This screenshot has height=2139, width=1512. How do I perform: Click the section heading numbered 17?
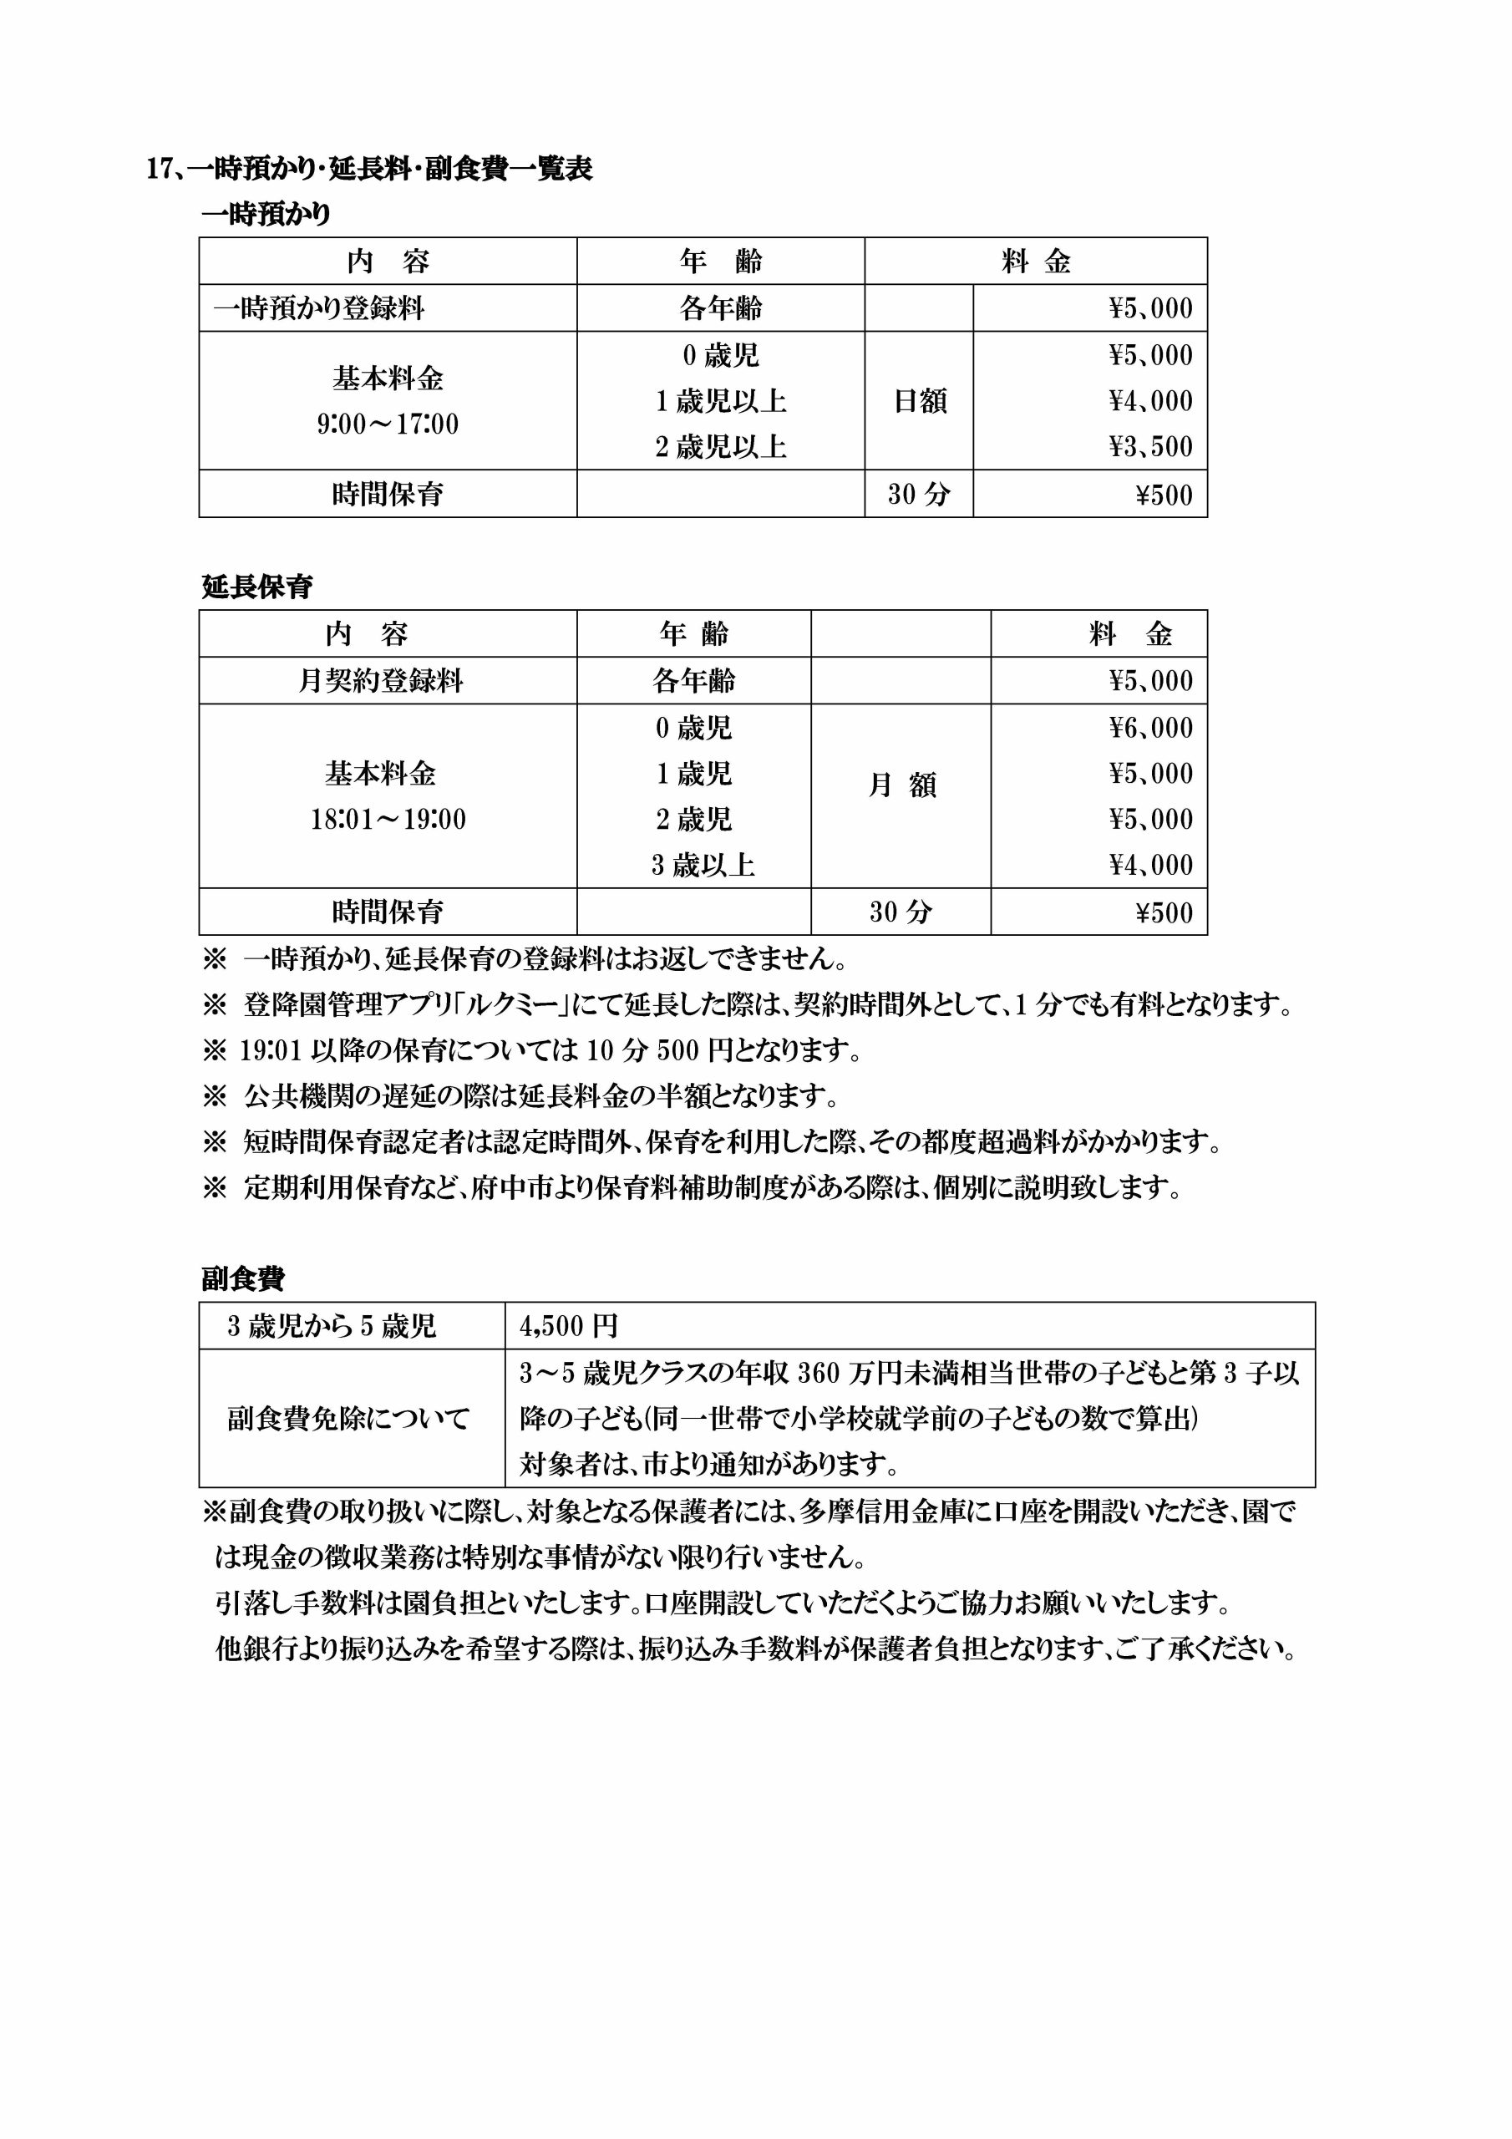click(x=370, y=169)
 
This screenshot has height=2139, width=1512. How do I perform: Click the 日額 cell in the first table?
click(x=919, y=402)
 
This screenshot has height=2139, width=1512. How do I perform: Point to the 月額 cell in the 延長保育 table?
click(x=901, y=785)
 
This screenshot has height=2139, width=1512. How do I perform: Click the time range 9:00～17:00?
click(x=388, y=424)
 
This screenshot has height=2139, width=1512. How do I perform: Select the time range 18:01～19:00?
click(x=388, y=820)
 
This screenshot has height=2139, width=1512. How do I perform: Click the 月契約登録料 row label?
click(x=380, y=681)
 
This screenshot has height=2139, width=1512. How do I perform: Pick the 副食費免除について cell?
click(x=349, y=1419)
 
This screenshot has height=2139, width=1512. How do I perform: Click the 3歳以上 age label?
click(x=703, y=866)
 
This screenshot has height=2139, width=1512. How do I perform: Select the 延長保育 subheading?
click(x=257, y=587)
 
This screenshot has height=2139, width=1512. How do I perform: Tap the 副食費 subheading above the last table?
click(x=243, y=1279)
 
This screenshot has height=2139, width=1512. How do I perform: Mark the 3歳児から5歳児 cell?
click(x=332, y=1326)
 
